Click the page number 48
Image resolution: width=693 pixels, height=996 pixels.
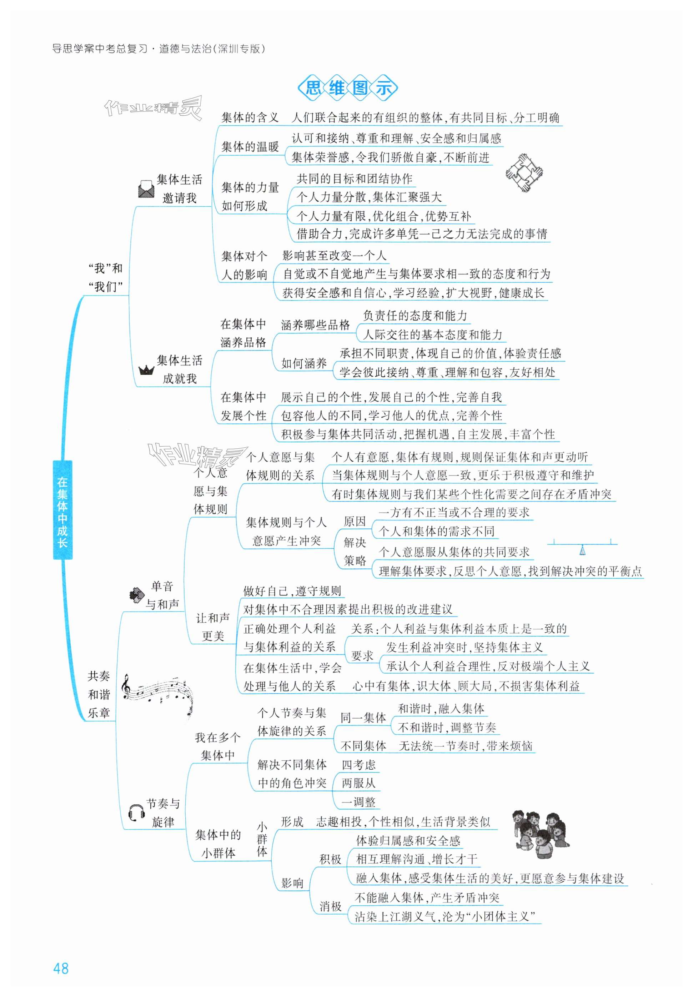click(x=61, y=968)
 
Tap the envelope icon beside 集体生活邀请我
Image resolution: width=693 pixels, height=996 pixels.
click(x=146, y=189)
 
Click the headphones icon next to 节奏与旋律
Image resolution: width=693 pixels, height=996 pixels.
click(x=136, y=812)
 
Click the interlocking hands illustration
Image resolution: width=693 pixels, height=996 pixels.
click(x=524, y=172)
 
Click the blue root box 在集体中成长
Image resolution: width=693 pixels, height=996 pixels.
click(x=62, y=509)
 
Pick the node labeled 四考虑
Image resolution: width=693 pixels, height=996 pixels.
click(x=358, y=765)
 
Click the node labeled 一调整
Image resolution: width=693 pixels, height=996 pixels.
click(x=358, y=802)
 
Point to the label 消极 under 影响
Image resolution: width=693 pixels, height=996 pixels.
click(x=330, y=906)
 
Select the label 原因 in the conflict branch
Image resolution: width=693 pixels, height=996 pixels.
click(x=355, y=522)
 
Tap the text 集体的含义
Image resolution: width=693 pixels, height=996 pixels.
click(x=250, y=117)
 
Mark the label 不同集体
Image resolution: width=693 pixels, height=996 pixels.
click(x=363, y=746)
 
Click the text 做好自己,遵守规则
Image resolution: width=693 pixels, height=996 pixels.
click(x=292, y=591)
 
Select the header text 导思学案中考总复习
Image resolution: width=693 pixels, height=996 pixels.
click(x=100, y=49)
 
